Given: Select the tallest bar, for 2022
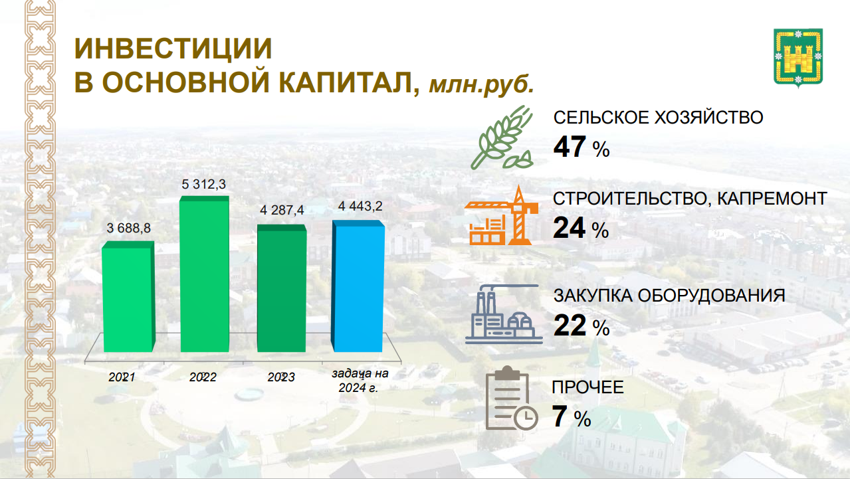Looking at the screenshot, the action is click(x=205, y=274).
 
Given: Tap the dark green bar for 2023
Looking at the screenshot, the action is click(x=282, y=288).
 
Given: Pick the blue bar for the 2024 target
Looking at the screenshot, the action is click(x=358, y=286).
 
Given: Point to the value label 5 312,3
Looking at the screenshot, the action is click(x=204, y=184).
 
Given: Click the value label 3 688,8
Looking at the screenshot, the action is click(x=129, y=229).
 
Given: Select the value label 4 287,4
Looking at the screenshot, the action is click(x=282, y=210).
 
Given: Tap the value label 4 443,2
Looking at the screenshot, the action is click(x=360, y=207).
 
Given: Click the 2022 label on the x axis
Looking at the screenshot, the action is click(x=203, y=377).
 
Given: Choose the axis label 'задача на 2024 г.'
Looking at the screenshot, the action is click(x=360, y=381).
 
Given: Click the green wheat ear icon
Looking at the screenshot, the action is click(x=502, y=137).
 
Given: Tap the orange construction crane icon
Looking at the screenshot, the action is click(x=501, y=215).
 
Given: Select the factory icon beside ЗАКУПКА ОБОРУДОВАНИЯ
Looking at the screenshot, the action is click(x=504, y=314).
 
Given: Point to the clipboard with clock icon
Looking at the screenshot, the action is click(x=511, y=398).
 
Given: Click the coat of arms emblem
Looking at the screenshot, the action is click(x=798, y=58).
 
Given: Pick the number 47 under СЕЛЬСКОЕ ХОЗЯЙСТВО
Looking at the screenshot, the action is click(x=570, y=147).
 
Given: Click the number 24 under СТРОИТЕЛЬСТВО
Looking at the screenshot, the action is click(x=569, y=228).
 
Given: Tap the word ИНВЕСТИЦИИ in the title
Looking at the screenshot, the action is click(x=173, y=48).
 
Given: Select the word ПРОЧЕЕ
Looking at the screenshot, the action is click(x=587, y=387).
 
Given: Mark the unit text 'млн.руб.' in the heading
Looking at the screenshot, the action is click(x=482, y=84).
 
